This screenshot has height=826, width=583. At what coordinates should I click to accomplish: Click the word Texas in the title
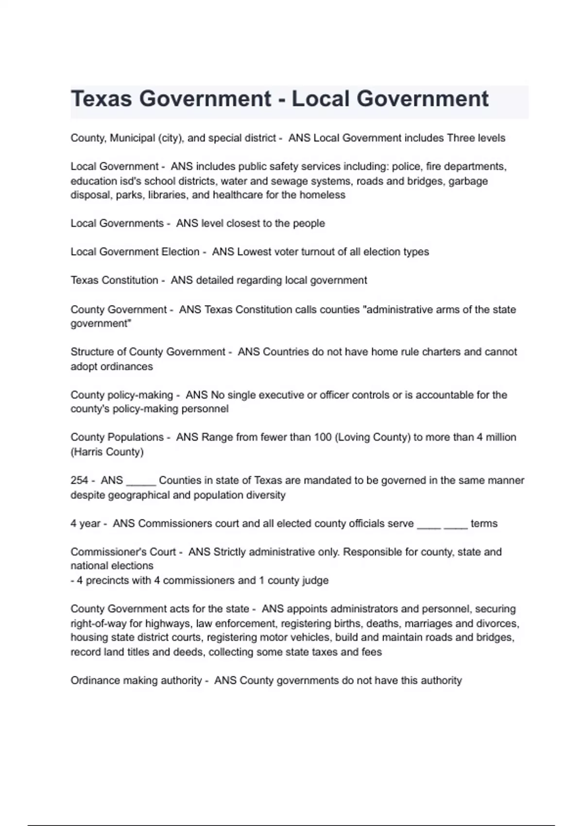click(x=102, y=99)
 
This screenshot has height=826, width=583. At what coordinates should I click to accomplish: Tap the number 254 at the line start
click(x=79, y=481)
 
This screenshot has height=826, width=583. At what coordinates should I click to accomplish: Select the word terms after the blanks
click(x=484, y=524)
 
